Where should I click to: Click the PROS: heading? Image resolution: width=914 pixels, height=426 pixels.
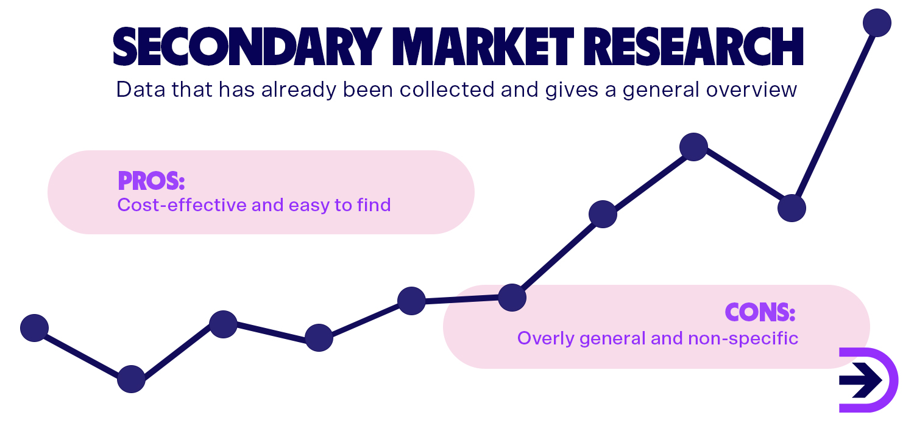tap(151, 181)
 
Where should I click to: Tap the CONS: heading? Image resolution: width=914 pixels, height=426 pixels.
tap(760, 312)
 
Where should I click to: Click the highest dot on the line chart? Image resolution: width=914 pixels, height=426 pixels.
tap(877, 23)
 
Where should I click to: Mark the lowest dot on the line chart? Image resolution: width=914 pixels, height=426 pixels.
tap(131, 379)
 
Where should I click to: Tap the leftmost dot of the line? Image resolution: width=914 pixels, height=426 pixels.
tap(34, 328)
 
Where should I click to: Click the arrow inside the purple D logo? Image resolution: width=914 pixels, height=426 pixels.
tap(860, 380)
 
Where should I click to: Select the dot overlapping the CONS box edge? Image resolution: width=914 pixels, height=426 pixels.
tap(512, 297)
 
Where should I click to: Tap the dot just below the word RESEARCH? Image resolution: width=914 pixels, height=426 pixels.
tap(693, 147)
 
